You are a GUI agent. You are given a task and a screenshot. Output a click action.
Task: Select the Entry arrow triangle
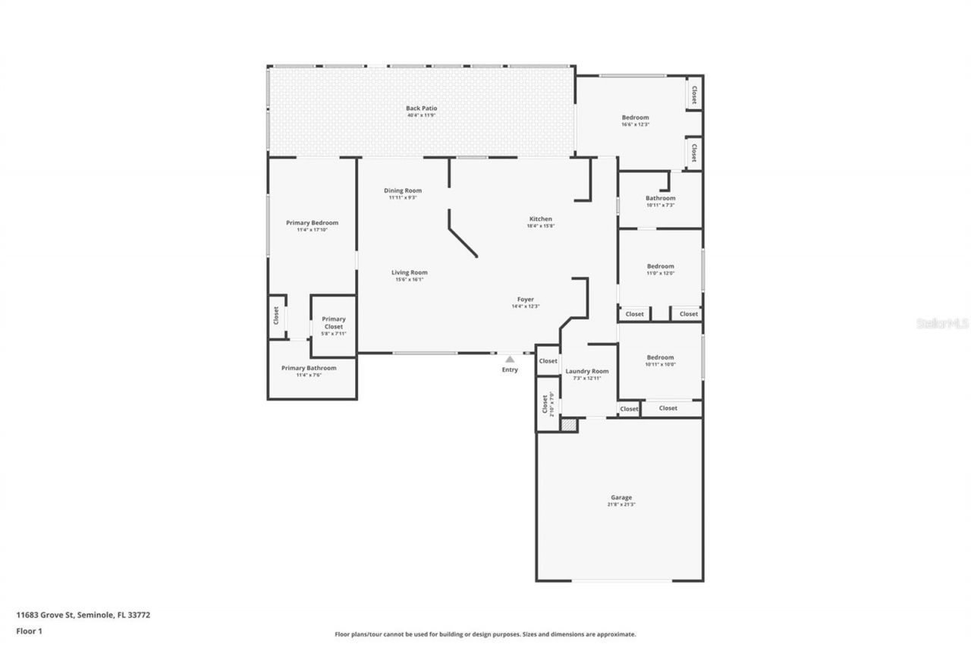pyautogui.click(x=510, y=360)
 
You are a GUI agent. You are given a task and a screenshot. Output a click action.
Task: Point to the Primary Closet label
pyautogui.click(x=334, y=323)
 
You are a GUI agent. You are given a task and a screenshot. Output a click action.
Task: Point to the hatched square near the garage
pyautogui.click(x=569, y=426)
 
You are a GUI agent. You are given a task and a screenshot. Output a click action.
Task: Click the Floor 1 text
pyautogui.click(x=29, y=630)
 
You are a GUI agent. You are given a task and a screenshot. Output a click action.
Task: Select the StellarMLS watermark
pyautogui.click(x=942, y=323)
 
